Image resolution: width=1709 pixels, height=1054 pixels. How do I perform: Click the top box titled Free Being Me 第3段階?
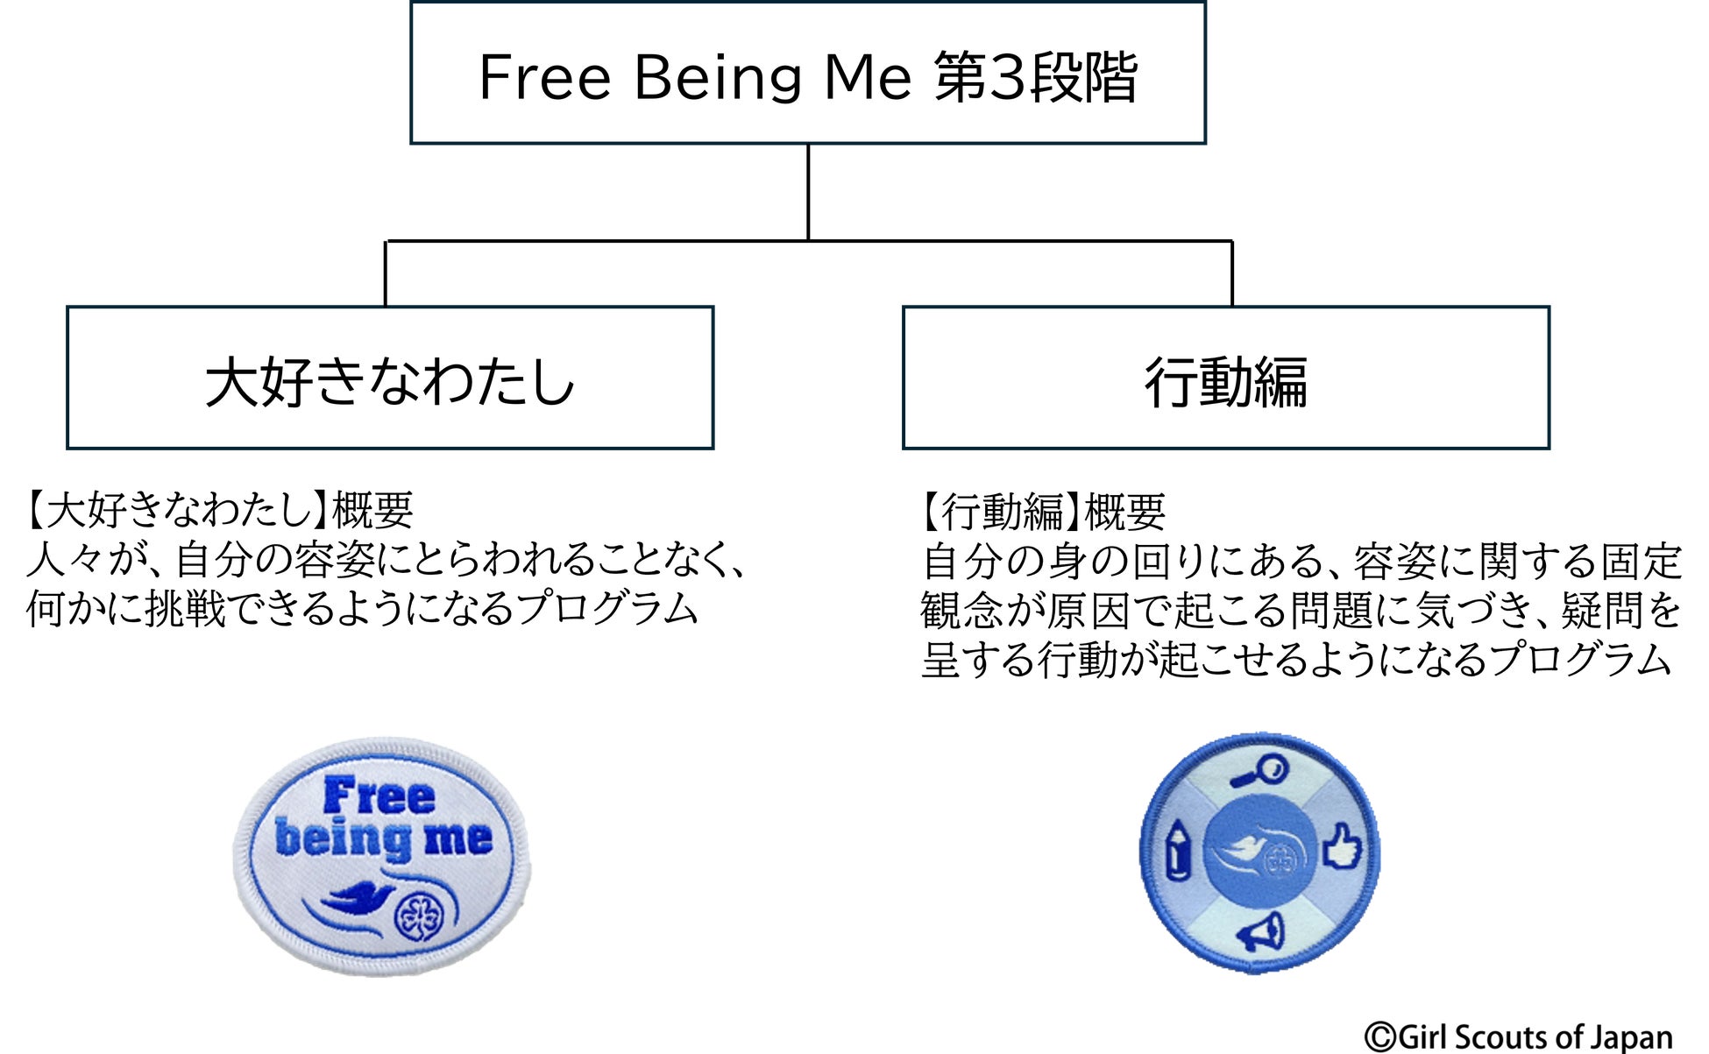coord(807,74)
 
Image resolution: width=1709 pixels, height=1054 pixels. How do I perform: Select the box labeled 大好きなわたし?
coord(390,378)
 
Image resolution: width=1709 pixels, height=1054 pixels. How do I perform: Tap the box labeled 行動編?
coord(1225,378)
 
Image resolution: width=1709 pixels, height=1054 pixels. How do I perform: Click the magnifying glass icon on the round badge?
coord(1259,771)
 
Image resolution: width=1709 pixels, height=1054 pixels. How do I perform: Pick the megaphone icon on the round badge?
coord(1261,933)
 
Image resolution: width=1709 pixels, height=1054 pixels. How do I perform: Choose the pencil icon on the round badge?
coord(1177,850)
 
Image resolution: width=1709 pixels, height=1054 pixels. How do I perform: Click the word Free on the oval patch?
coord(379,795)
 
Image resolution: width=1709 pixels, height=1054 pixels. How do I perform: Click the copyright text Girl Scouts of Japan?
coord(1519,1036)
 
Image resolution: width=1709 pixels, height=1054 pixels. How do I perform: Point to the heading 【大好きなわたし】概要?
coord(219,510)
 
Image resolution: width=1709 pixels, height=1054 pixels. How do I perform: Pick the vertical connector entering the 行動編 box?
coord(1231,273)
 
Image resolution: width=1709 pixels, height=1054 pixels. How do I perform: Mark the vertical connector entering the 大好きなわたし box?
coord(386,273)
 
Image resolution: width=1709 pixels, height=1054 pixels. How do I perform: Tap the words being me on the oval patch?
coord(383,838)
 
